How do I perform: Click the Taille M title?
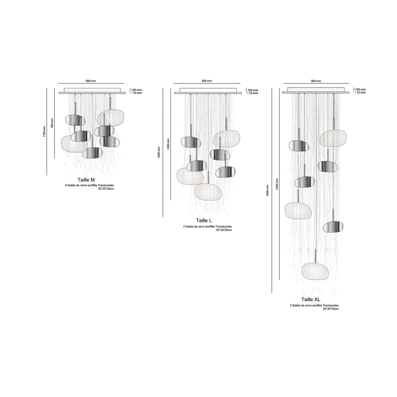pos(86,180)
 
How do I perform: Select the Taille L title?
pos(204,220)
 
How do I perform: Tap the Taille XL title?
pos(311,299)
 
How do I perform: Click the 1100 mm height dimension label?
pos(44,132)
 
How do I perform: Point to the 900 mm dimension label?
pos(52,123)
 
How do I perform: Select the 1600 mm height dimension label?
pos(158,152)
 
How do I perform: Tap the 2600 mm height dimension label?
pos(268,190)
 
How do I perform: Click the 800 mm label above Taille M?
pos(91,81)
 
